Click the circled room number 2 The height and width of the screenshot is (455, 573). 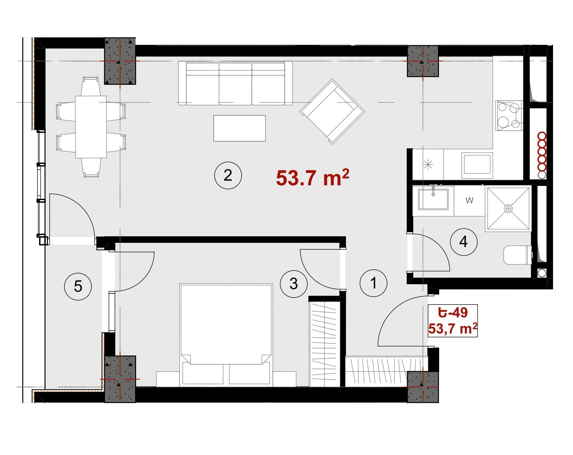tap(228, 175)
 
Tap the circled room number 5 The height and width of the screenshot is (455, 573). tap(78, 286)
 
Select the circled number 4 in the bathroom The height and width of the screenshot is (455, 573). tap(464, 242)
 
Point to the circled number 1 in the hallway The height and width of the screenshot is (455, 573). tap(373, 283)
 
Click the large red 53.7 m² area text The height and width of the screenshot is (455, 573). tap(312, 177)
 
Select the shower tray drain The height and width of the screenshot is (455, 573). tap(508, 208)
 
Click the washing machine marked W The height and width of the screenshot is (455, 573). tap(469, 200)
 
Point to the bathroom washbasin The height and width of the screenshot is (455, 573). tap(433, 199)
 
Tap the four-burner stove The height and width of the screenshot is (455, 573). tap(509, 116)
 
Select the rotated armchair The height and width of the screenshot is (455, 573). tap(332, 111)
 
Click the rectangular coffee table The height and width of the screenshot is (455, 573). tap(239, 128)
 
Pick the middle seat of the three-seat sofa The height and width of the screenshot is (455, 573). tap(235, 84)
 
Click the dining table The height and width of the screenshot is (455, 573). tap(91, 127)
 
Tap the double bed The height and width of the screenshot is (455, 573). tap(226, 334)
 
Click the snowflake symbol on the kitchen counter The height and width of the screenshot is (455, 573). tap(428, 165)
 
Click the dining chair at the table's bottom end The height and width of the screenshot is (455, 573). tap(91, 168)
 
